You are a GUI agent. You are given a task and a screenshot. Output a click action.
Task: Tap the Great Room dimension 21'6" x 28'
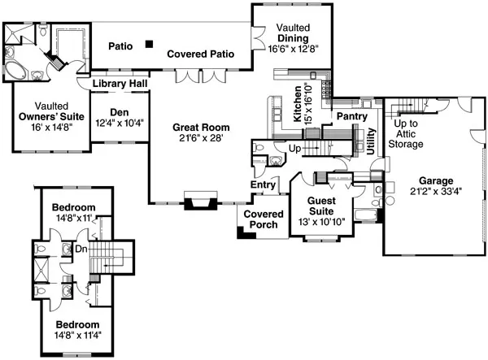pyautogui.click(x=200, y=139)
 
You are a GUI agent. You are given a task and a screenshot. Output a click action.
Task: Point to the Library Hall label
pyautogui.click(x=120, y=84)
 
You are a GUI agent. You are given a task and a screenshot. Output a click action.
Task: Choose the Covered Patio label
pyautogui.click(x=201, y=54)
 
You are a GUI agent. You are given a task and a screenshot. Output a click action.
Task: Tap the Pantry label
pyautogui.click(x=351, y=117)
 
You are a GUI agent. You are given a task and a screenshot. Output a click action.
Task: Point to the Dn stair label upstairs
pyautogui.click(x=81, y=249)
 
